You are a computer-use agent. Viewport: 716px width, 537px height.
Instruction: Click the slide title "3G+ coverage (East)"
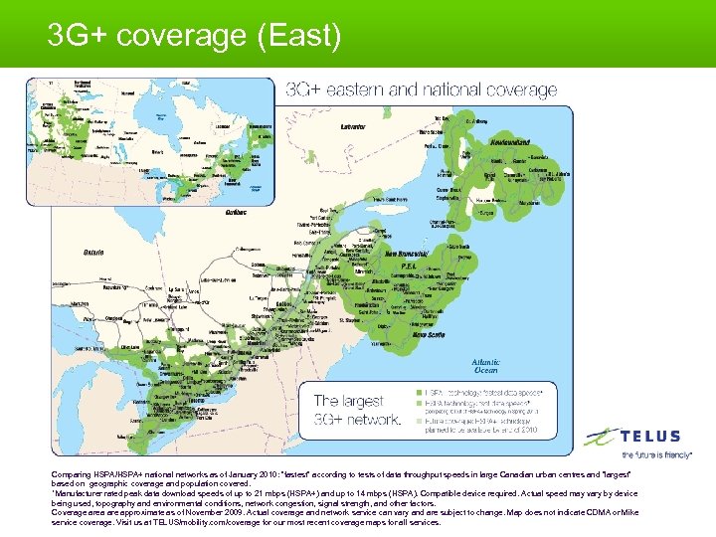tap(194, 37)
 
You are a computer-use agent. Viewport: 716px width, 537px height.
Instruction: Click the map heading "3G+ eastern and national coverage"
tap(422, 89)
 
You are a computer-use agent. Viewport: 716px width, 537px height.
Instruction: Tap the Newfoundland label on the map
tap(515, 141)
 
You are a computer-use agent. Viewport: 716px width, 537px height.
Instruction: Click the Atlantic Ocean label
tap(486, 366)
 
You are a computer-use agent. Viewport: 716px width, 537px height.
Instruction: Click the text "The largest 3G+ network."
tap(357, 409)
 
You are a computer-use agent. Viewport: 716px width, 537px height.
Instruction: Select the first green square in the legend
tap(421, 393)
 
